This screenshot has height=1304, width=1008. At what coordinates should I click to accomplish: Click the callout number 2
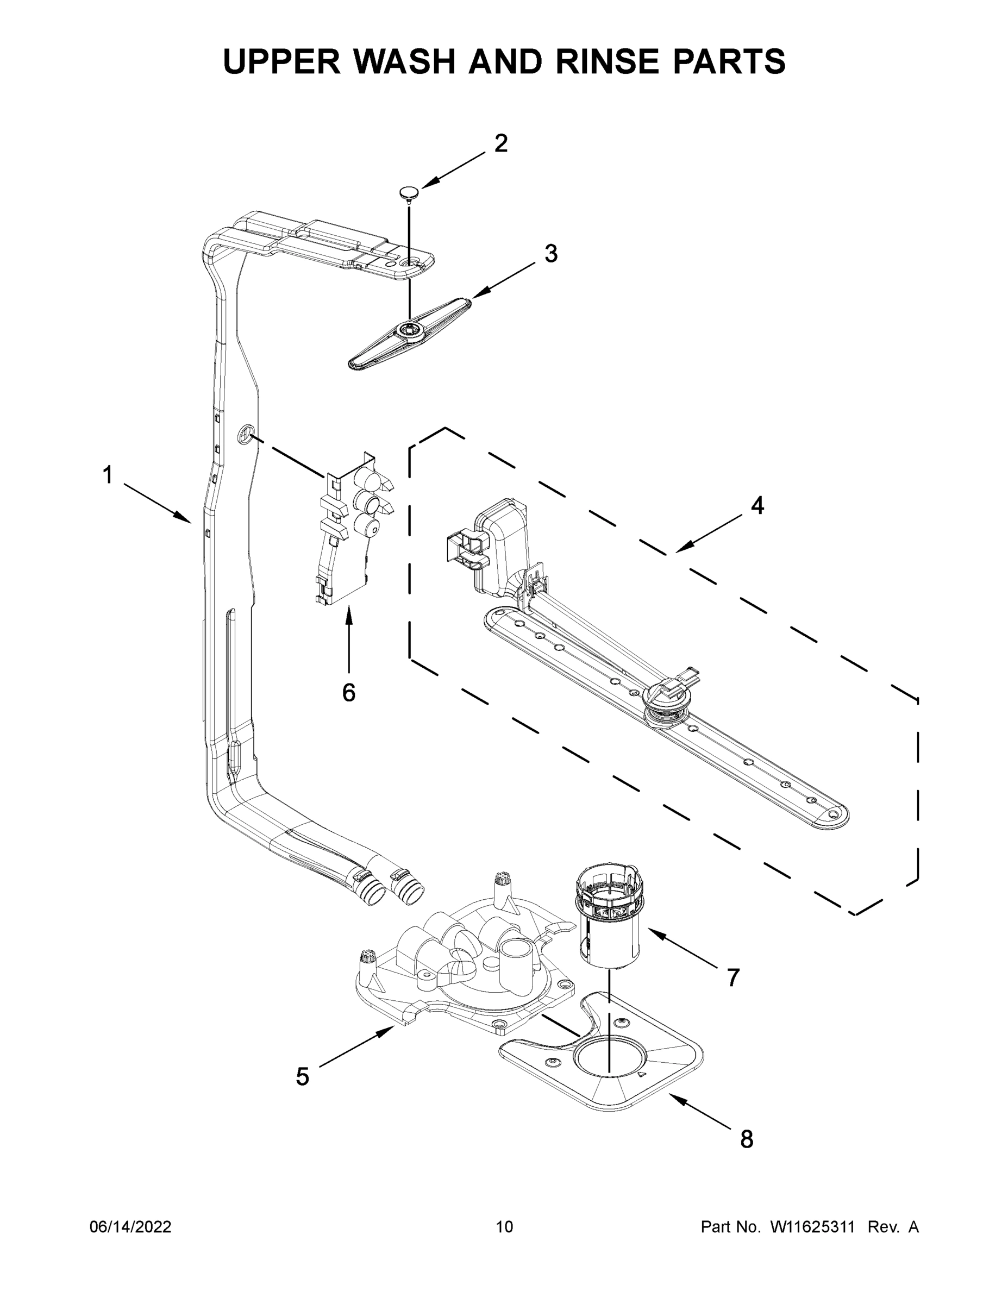pos(501,143)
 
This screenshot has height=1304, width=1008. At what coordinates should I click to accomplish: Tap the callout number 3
pos(550,254)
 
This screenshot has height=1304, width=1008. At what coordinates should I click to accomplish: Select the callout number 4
pos(756,506)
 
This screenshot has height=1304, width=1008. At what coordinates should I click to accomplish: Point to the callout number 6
pos(349,693)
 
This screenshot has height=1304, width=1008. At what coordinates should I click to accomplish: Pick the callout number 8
pos(747,1139)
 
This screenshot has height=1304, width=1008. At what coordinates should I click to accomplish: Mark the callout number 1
pos(108,476)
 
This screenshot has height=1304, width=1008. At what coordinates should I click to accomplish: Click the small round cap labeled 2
pos(409,192)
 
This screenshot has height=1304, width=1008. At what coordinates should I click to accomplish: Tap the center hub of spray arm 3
pos(409,328)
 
